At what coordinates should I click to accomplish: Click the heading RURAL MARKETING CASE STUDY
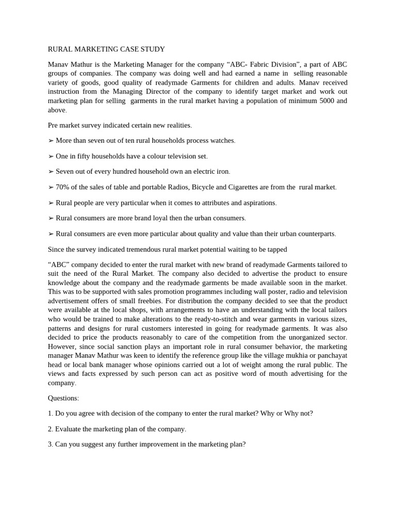[x=106, y=49]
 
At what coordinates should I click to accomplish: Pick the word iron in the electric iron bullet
[x=222, y=172]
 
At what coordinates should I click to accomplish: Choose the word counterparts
[x=316, y=234]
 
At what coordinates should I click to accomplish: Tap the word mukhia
[x=294, y=356]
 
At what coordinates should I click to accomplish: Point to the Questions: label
[x=63, y=398]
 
